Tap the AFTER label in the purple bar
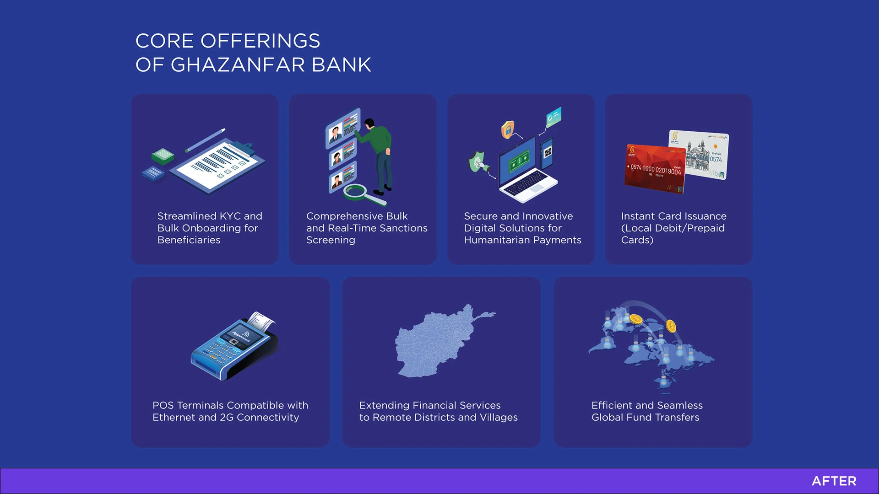click(834, 481)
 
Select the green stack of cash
click(163, 156)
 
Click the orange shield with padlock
click(507, 130)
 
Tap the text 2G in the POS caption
click(227, 417)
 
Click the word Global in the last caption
click(607, 417)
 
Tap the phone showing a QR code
click(548, 153)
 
